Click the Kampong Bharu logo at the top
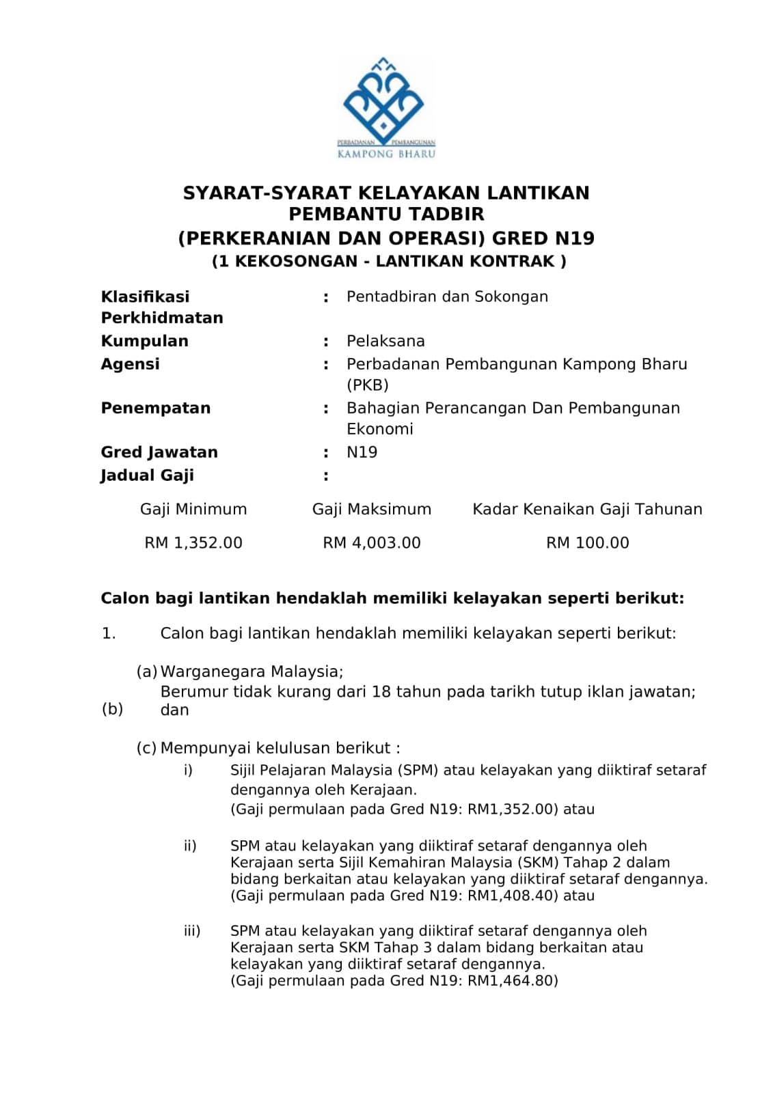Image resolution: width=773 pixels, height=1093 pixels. tap(386, 108)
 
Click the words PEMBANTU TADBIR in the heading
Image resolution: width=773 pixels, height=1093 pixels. tap(386, 215)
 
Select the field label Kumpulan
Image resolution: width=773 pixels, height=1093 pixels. tap(144, 341)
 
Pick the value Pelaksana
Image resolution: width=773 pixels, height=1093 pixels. tap(385, 341)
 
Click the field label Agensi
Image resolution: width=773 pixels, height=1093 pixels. tap(130, 364)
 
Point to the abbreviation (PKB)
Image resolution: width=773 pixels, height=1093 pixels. tap(367, 385)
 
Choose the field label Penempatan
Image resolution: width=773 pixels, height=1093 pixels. tap(155, 409)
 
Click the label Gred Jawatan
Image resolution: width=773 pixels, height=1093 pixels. tap(159, 452)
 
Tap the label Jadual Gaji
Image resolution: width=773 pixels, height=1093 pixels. tap(147, 475)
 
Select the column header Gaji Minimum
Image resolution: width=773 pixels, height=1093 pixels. tap(193, 510)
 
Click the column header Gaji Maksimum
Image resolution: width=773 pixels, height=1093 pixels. tap(372, 510)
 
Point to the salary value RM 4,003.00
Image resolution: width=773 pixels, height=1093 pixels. tap(372, 543)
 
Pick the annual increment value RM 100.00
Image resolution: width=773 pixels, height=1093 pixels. tap(587, 543)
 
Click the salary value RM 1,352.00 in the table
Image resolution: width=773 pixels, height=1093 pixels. tap(193, 543)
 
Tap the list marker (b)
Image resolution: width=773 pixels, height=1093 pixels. tap(112, 708)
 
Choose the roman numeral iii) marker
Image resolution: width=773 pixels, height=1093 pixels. tap(192, 931)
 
